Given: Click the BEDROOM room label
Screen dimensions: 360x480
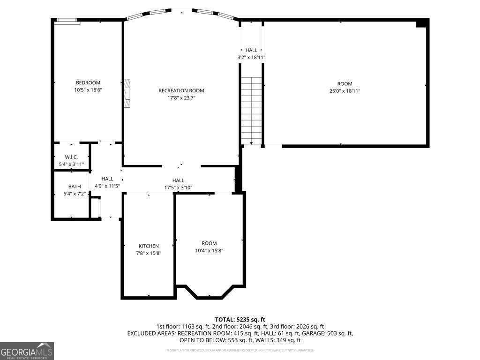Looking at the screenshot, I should coord(88,83).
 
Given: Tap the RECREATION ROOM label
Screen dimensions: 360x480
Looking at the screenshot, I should coord(181,91).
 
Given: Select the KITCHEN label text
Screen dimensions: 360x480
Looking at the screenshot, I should coord(149,246).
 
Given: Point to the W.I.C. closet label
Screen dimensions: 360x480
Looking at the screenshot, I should coord(71,157).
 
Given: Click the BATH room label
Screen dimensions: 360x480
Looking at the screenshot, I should coord(75,187).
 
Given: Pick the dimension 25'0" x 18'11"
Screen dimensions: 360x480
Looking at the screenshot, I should coord(345,91).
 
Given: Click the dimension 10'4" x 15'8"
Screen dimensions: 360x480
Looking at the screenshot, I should coord(209,250).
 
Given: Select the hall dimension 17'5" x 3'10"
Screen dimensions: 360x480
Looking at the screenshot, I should coord(178,187).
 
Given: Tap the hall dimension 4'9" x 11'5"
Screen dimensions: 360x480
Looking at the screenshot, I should coord(107,186).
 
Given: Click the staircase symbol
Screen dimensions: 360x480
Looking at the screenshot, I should coord(251,110).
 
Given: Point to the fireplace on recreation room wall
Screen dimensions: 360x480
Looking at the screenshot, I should coord(127,93).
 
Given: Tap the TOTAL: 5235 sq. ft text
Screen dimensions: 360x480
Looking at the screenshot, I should coord(240,319).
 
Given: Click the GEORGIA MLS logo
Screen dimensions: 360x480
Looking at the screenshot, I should coord(27,351).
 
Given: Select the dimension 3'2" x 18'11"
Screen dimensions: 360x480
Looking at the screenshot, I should coord(251,58).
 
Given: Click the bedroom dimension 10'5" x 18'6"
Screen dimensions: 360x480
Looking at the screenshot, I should coord(88,90).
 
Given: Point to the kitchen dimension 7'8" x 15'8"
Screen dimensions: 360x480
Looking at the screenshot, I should coord(149,253).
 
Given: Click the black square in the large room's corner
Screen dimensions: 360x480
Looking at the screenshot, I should coord(422,23).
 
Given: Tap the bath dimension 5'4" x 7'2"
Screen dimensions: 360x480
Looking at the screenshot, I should coord(75,194).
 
